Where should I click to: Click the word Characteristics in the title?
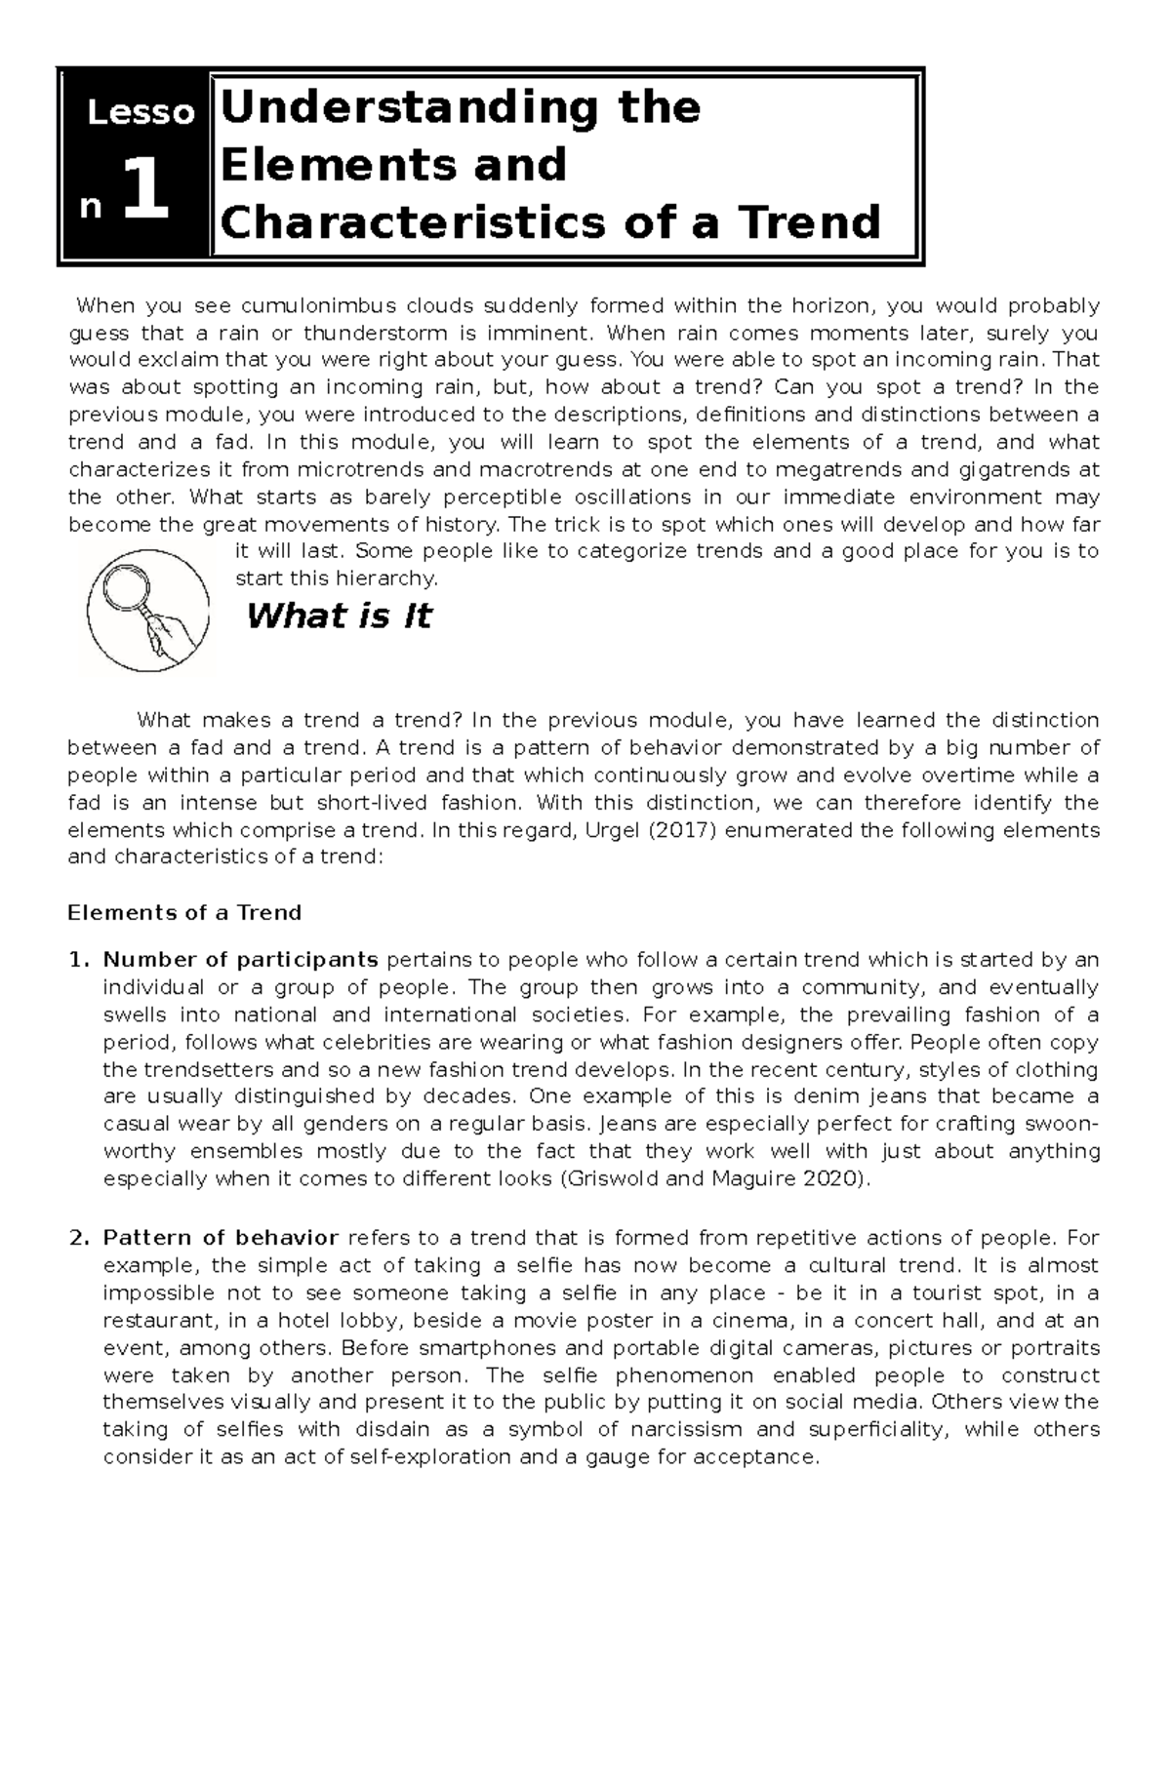point(394,222)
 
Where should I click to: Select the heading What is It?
point(339,617)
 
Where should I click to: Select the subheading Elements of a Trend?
point(184,913)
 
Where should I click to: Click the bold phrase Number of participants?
point(241,960)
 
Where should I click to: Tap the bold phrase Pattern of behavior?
point(221,1239)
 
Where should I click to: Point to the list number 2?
point(78,1239)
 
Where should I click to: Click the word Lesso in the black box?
point(141,114)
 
